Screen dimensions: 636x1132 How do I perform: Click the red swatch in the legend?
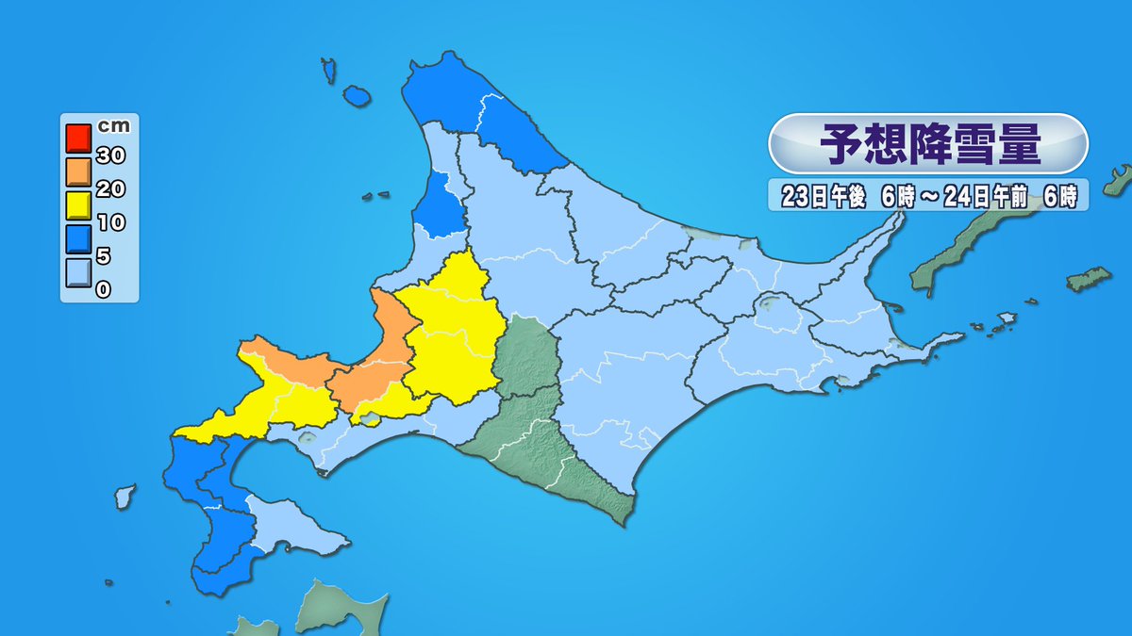(77, 138)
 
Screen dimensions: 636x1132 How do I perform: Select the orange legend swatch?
(77, 171)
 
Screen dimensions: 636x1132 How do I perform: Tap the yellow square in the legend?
(77, 205)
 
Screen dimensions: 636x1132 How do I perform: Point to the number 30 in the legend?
(109, 155)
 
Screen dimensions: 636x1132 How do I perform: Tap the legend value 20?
(109, 189)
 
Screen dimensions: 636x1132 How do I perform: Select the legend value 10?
(109, 223)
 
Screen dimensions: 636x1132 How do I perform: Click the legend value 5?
(104, 256)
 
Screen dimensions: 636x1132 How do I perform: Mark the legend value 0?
(104, 289)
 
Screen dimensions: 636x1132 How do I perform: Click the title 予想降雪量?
(929, 144)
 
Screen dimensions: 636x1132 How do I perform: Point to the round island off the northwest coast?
(356, 96)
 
